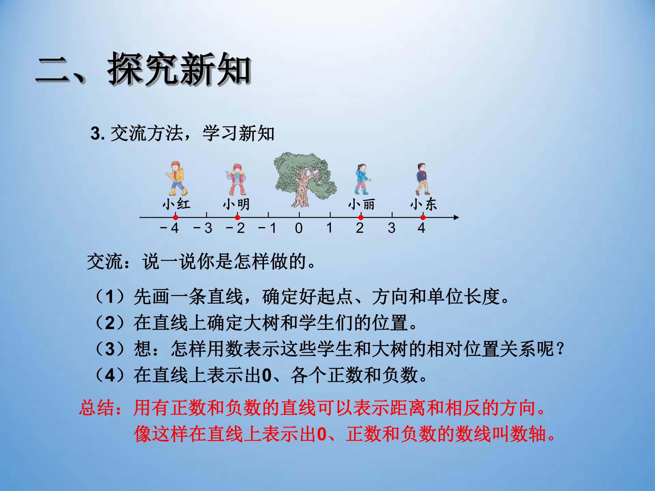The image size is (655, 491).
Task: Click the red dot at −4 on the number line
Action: point(176,218)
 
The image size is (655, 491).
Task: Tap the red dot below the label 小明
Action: point(237,218)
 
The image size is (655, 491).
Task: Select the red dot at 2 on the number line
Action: point(361,218)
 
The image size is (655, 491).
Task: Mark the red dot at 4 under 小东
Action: point(423,218)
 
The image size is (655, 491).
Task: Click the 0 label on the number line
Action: point(299,228)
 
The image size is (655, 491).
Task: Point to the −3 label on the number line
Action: point(203,228)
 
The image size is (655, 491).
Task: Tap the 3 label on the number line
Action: point(391,228)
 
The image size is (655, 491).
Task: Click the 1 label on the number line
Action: point(329,228)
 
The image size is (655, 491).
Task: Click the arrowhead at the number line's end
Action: point(456,218)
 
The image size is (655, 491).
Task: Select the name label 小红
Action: point(176,204)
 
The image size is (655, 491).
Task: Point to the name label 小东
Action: point(423,204)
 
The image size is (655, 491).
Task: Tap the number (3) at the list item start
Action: point(110,349)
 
